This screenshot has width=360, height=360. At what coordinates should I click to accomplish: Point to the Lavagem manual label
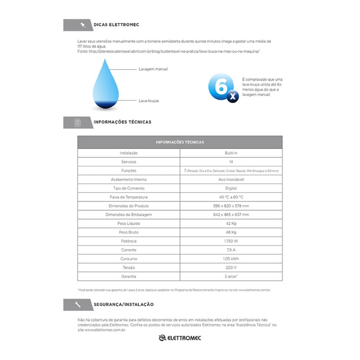pyautogui.click(x=153, y=69)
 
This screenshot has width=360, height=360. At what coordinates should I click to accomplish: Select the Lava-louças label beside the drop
pyautogui.click(x=149, y=101)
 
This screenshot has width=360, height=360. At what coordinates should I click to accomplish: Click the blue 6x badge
pyautogui.click(x=223, y=88)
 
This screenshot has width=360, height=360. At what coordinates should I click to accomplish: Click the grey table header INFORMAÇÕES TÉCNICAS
pyautogui.click(x=180, y=142)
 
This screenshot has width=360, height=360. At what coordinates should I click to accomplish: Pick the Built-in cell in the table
pyautogui.click(x=231, y=153)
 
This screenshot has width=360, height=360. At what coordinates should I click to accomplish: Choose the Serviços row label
pyautogui.click(x=129, y=162)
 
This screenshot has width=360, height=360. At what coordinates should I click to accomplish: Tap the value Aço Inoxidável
pyautogui.click(x=231, y=180)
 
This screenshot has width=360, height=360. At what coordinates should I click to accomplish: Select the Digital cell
pyautogui.click(x=231, y=188)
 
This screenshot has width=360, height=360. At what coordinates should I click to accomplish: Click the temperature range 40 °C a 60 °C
pyautogui.click(x=231, y=197)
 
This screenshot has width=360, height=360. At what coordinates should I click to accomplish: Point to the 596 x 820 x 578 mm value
pyautogui.click(x=231, y=206)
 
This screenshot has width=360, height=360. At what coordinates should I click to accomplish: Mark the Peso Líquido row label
pyautogui.click(x=129, y=224)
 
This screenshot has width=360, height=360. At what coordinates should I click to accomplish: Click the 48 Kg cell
pyautogui.click(x=231, y=232)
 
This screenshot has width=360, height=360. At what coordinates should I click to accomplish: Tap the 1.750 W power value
pyautogui.click(x=231, y=241)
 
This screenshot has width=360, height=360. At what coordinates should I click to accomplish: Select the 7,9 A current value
pyautogui.click(x=231, y=250)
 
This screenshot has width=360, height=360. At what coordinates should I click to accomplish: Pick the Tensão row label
pyautogui.click(x=129, y=268)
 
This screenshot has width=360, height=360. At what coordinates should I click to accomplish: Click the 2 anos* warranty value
pyautogui.click(x=231, y=276)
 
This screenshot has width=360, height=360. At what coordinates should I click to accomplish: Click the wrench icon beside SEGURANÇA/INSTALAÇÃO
pyautogui.click(x=78, y=304)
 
